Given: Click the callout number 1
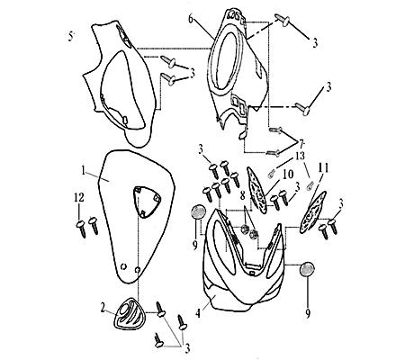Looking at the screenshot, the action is [84, 171].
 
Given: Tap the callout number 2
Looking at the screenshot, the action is [103, 308].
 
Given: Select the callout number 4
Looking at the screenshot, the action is [197, 313].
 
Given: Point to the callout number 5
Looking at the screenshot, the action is [71, 37].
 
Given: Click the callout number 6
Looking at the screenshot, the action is [191, 18].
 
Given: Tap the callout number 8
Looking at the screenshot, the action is [242, 195].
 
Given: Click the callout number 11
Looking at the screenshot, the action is [322, 168].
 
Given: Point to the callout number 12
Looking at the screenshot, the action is [79, 198].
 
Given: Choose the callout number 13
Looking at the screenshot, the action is [299, 156].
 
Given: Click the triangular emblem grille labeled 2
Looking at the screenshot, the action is [130, 315].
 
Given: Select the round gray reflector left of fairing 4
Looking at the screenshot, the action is [198, 211].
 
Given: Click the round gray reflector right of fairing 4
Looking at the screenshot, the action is [308, 269].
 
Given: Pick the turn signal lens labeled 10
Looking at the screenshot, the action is [256, 190].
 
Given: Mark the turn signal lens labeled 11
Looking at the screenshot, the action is [313, 211].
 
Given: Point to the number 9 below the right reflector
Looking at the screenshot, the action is [308, 314].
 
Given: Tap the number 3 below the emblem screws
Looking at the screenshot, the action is [187, 348].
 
